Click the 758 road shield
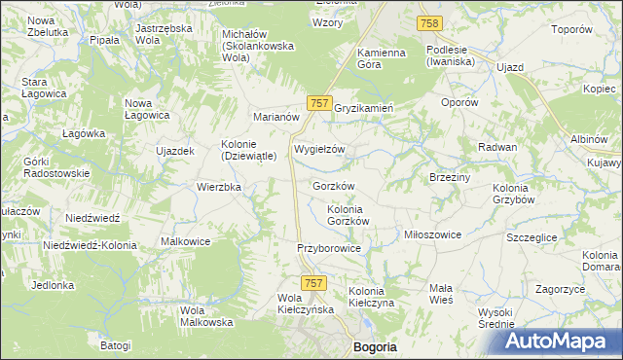coord(428,22)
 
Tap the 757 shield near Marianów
coord(318,103)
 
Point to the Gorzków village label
coord(333,185)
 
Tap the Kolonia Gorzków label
coord(348,215)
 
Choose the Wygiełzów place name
coord(320,149)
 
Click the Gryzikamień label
coord(363,108)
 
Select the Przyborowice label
coord(329,249)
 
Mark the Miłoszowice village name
coord(432,234)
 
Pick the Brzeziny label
coord(450,177)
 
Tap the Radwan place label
coord(496,146)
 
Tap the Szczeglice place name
coord(532,236)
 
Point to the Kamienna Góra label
coord(382,57)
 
